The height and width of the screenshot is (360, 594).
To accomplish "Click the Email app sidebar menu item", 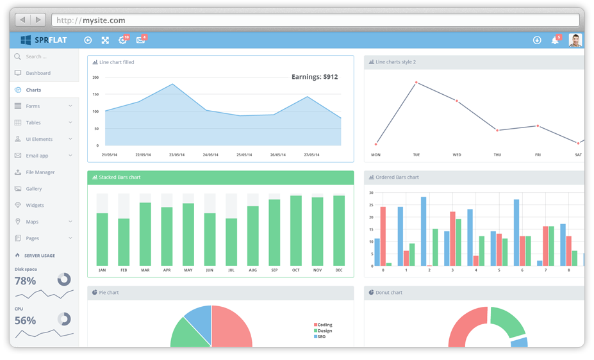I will [37, 156].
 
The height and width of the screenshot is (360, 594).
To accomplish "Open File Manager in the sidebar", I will [40, 172].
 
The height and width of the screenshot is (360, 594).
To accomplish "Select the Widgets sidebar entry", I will [35, 206].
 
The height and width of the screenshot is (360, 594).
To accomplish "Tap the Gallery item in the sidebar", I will [33, 189].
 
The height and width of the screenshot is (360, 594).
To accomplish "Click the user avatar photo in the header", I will [575, 40].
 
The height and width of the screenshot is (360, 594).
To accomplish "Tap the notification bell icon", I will [554, 40].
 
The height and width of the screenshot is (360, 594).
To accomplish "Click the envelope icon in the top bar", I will [140, 40].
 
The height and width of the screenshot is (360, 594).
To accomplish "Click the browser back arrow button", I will [22, 20].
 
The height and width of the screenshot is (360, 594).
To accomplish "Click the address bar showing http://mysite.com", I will [314, 20].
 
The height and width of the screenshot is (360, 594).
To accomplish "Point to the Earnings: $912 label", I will [315, 77].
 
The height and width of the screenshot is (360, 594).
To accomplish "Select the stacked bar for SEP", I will [274, 232].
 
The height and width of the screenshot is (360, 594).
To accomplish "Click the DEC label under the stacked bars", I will [339, 270].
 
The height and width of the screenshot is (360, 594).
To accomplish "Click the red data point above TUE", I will [417, 83].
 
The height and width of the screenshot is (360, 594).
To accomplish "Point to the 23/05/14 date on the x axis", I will [177, 155].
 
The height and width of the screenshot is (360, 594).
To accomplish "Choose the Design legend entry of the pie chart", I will [325, 331].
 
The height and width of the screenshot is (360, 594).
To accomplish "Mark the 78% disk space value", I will [26, 281].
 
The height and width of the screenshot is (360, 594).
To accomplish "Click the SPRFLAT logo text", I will [51, 40].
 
